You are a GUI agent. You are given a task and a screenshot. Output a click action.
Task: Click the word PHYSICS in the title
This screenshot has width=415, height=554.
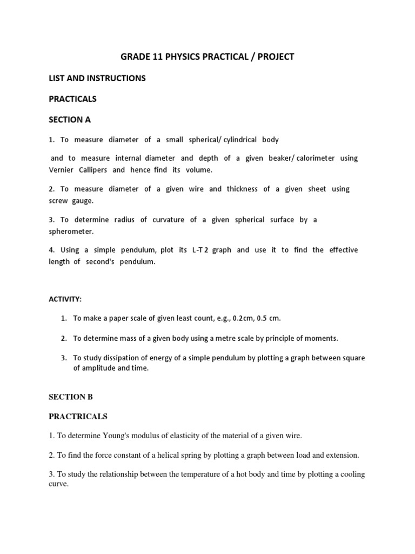[x=190, y=56]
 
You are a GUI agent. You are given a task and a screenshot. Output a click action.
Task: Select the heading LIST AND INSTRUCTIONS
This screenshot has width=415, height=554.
[x=97, y=78]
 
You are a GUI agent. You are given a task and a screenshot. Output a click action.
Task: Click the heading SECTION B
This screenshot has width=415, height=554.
[x=71, y=397]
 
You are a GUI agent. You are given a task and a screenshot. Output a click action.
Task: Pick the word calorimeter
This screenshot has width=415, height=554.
[x=313, y=158]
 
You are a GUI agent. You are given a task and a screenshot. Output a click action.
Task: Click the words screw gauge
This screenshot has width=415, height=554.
[x=71, y=200]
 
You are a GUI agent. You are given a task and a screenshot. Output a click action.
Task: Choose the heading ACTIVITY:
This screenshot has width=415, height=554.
[x=66, y=299]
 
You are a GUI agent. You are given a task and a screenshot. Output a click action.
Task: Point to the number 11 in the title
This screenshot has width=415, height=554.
[x=160, y=56]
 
